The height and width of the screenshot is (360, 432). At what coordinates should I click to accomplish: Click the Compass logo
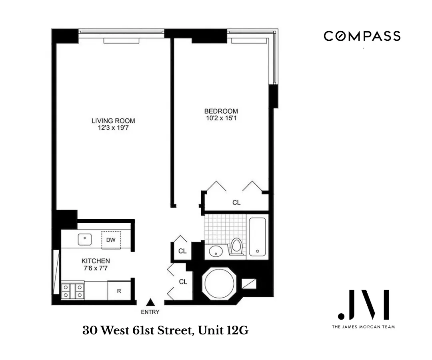(362, 36)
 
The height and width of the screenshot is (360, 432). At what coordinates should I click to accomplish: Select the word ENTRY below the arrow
(150, 312)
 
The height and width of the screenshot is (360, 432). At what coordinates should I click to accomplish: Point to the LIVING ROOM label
(113, 121)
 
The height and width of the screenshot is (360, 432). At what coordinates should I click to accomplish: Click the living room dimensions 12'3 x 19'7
(113, 128)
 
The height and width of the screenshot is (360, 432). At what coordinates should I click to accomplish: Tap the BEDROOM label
(221, 111)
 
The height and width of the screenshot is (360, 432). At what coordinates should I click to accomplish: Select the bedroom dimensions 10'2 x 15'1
(221, 118)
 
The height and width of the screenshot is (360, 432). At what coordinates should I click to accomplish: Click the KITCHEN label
(96, 261)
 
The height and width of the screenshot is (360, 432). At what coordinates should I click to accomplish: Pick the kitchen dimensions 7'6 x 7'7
(96, 268)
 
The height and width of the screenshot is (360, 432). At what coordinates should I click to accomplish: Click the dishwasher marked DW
(111, 240)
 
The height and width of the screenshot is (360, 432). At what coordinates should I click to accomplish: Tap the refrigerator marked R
(119, 290)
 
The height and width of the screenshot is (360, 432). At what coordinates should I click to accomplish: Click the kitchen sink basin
(84, 239)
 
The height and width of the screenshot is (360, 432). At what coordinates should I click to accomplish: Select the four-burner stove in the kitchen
(72, 291)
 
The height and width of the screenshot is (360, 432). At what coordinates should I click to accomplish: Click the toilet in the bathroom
(236, 246)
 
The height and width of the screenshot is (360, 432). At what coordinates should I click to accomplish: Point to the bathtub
(257, 237)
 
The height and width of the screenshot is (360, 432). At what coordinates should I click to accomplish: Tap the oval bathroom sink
(216, 251)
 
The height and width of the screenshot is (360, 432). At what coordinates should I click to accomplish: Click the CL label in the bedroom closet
(236, 202)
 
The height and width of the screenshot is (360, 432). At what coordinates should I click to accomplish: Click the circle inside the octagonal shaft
(220, 283)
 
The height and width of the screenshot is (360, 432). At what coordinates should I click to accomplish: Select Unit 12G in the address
(223, 330)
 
